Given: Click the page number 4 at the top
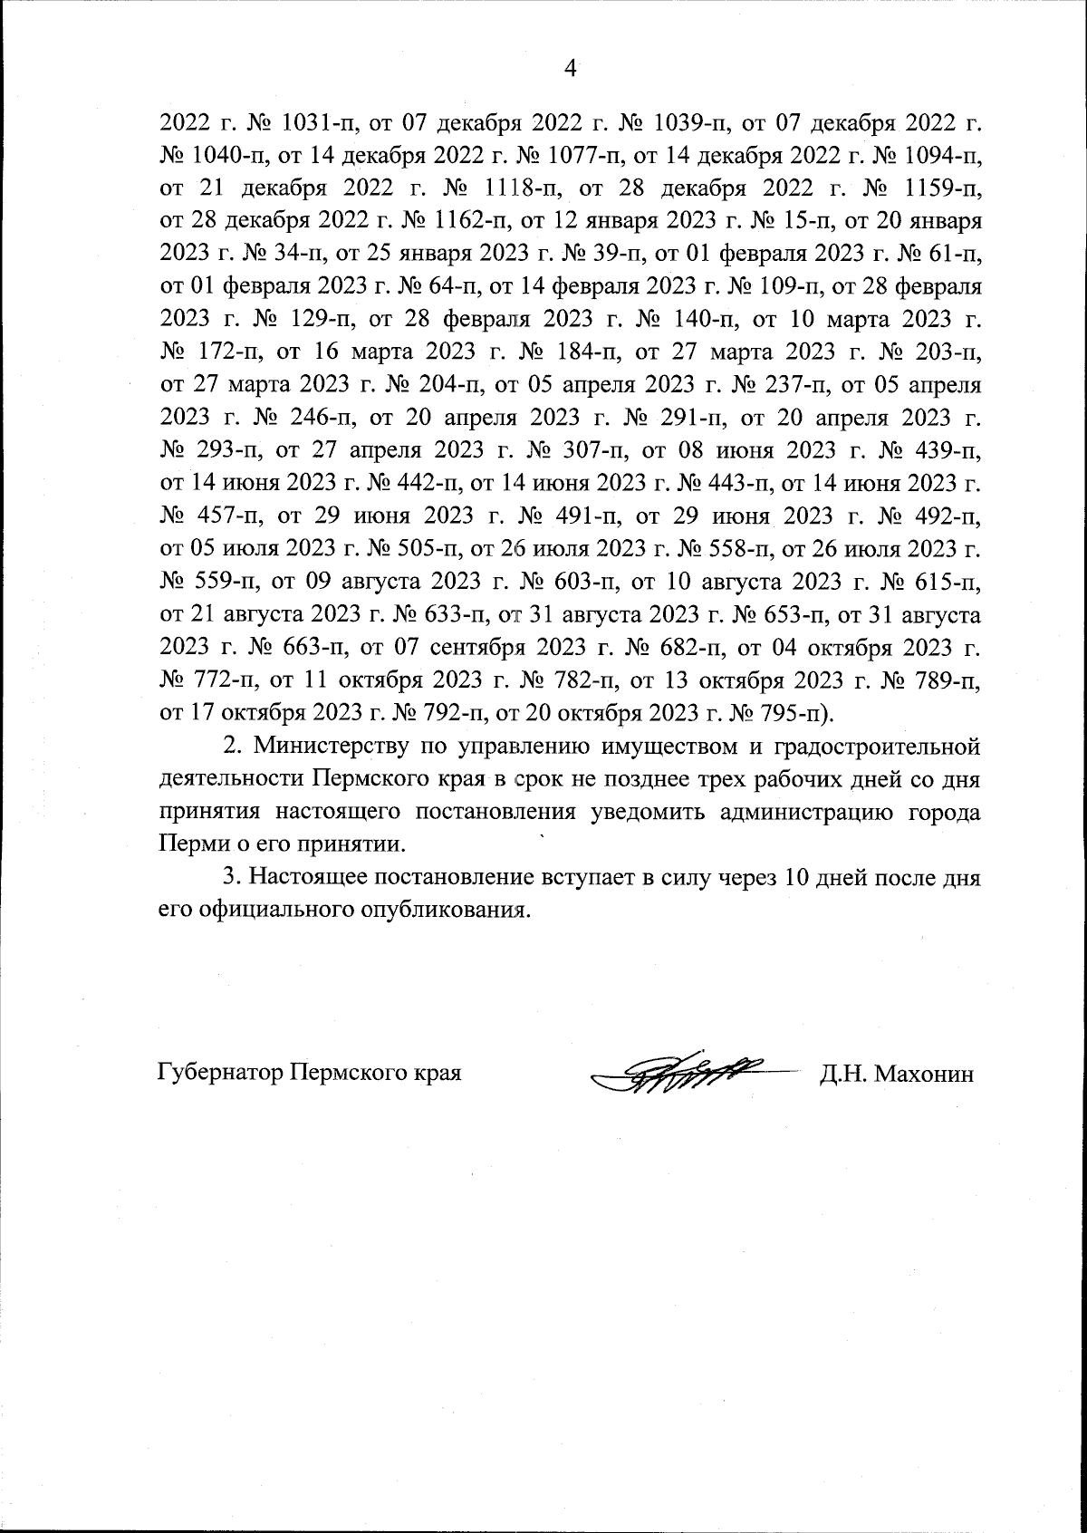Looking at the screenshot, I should point(570,68).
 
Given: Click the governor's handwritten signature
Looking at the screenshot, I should point(688,1072).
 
